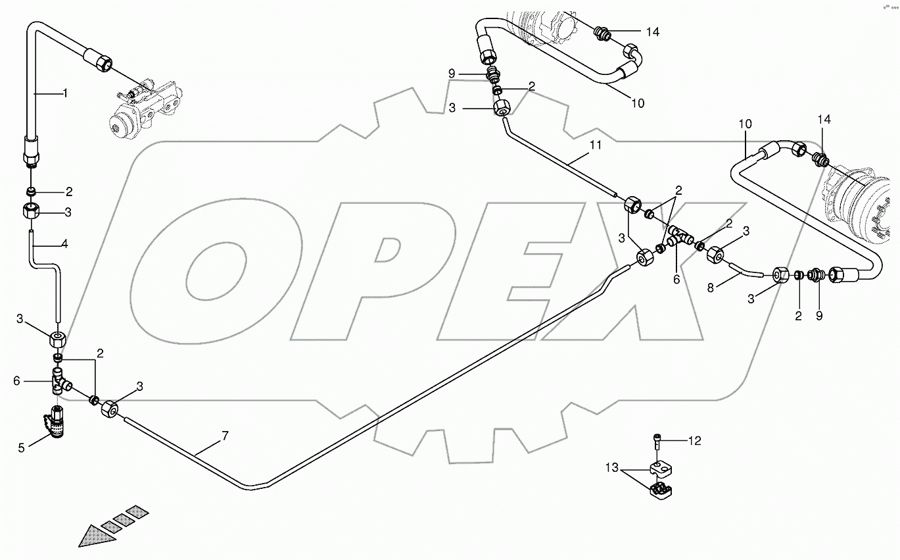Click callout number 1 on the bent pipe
coord(65,93)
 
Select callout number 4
coord(64,244)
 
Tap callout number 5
coord(22,447)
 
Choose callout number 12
coord(696,441)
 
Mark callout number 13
coord(613,468)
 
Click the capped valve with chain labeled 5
coord(57,421)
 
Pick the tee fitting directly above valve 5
coord(59,382)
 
